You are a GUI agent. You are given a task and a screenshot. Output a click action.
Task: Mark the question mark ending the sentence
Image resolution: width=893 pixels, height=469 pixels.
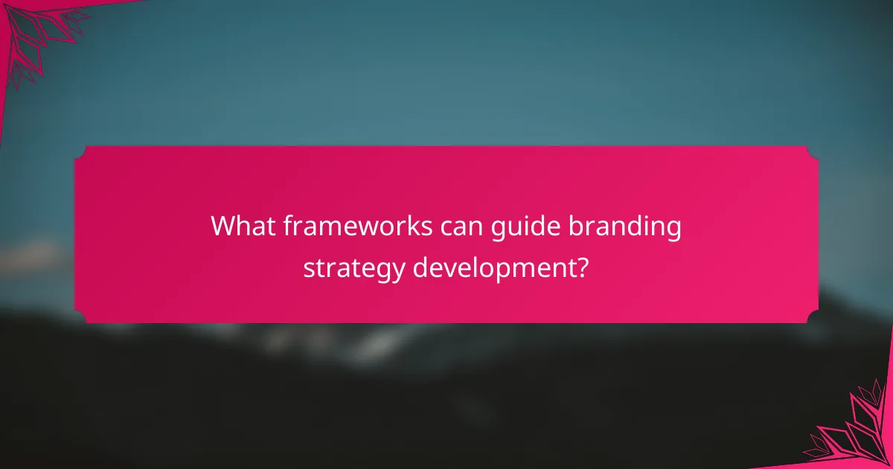tap(583, 266)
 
